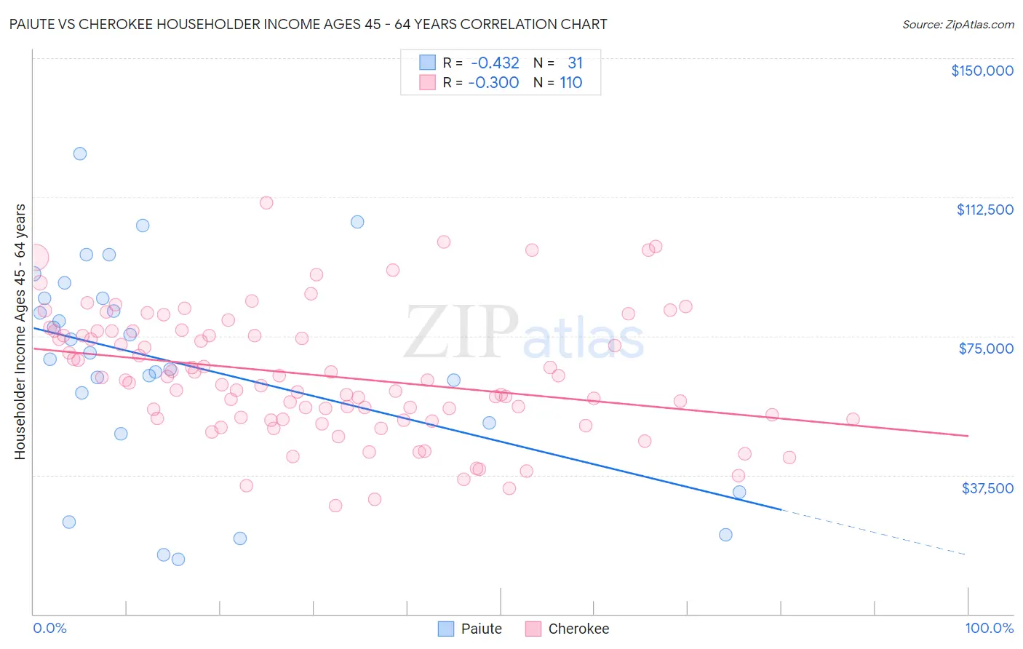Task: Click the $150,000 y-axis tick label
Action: coord(982,71)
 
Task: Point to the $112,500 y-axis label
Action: coord(984,210)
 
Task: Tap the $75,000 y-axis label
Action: coord(986,349)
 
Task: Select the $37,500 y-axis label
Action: coord(987,488)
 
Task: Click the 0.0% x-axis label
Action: coord(49,628)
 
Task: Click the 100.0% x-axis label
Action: coord(989,628)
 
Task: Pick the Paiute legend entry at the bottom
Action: coord(471,629)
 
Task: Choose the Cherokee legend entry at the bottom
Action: coord(568,629)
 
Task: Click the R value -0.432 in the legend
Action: coord(494,63)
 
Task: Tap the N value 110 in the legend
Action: coord(571,83)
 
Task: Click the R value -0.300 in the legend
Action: coord(494,83)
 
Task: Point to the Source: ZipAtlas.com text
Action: coord(958,24)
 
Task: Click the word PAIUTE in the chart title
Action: coord(34,24)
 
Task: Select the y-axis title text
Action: coord(20,331)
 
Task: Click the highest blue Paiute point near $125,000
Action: coord(80,154)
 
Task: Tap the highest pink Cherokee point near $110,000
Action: coord(266,203)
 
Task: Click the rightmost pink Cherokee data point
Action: coord(853,419)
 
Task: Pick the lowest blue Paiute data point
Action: coord(178,560)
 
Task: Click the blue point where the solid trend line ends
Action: coord(739,492)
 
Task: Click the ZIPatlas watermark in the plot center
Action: coord(524,333)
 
